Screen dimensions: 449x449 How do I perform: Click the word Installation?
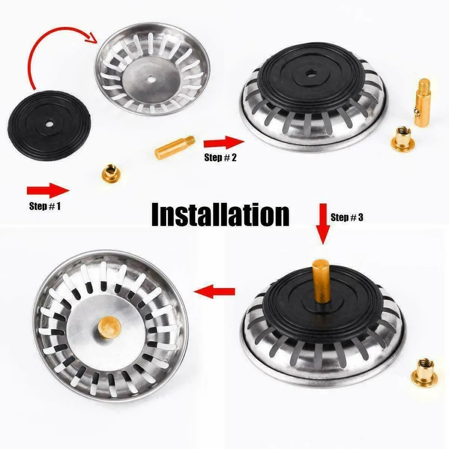coord(220,215)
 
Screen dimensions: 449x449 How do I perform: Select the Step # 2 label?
coord(220,158)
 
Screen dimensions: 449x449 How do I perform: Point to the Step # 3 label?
coord(347,217)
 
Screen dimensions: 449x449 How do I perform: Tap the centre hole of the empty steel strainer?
coord(152,79)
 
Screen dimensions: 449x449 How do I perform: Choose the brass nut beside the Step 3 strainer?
coord(424,371)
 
